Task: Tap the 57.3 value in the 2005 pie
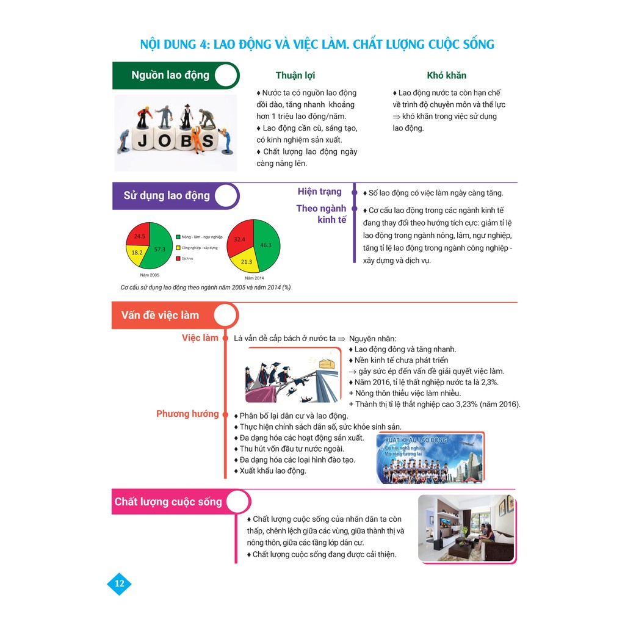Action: click(159, 250)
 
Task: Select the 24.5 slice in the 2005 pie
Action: click(140, 236)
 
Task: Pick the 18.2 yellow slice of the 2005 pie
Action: click(136, 252)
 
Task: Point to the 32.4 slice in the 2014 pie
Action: click(240, 240)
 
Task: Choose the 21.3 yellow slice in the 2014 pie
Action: click(246, 262)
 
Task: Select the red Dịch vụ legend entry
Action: click(186, 258)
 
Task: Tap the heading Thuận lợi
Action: click(295, 76)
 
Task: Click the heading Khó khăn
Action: click(446, 76)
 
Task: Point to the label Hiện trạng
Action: click(319, 192)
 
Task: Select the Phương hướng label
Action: click(187, 414)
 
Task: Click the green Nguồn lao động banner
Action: click(170, 75)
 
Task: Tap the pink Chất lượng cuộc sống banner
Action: click(168, 502)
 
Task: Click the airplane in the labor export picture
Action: click(465, 444)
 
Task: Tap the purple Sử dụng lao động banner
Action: click(167, 195)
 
